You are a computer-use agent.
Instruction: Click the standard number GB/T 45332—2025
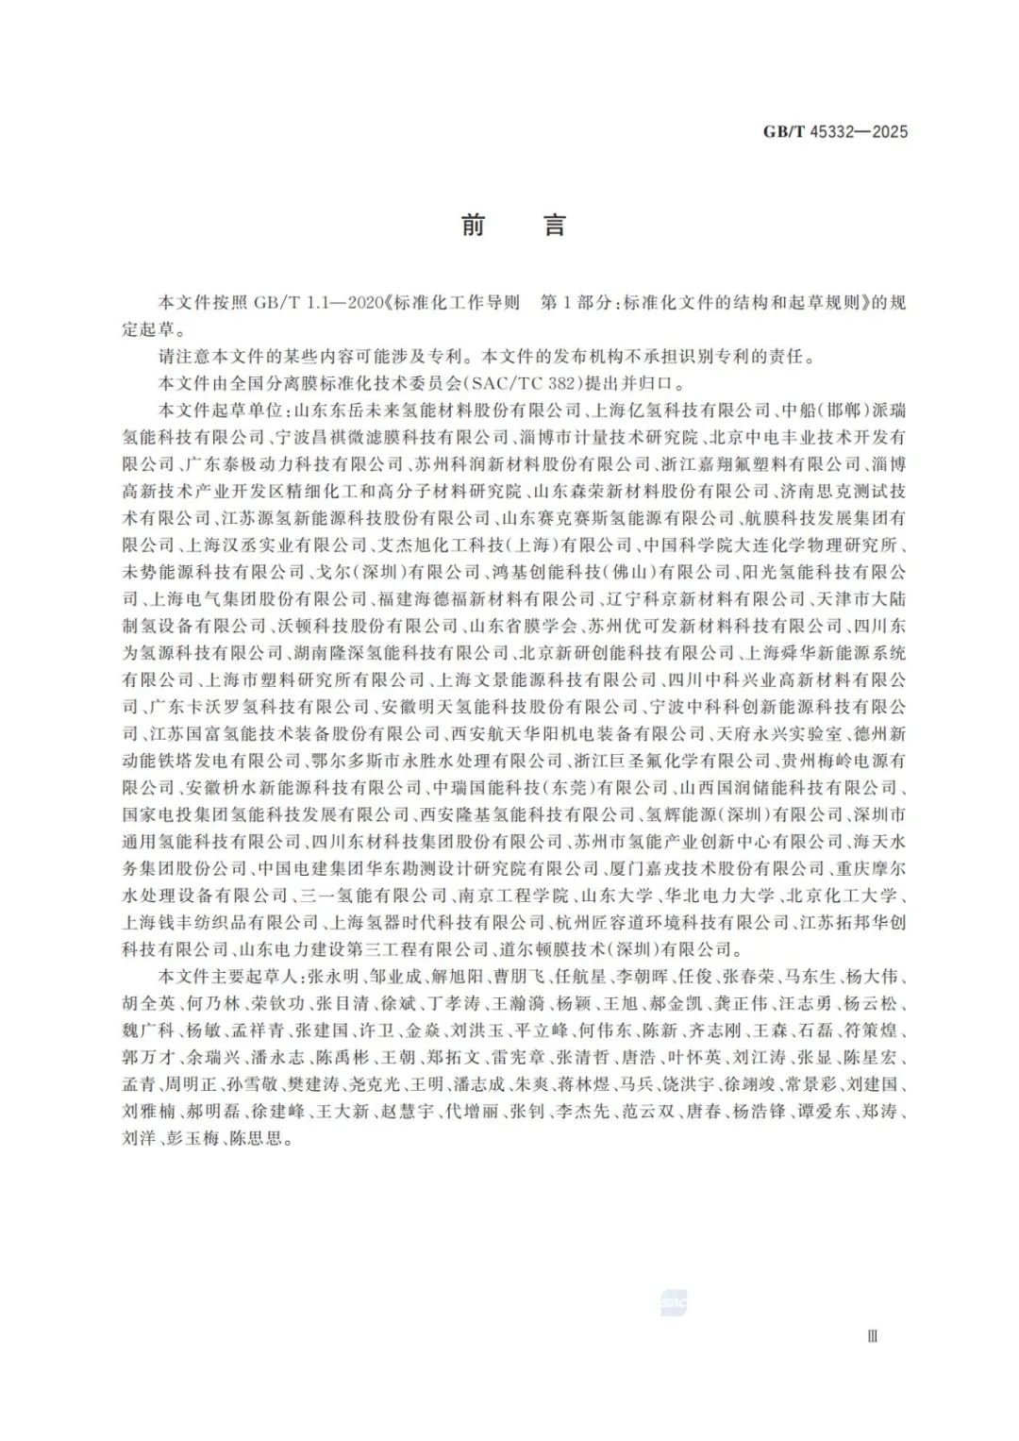coord(835,132)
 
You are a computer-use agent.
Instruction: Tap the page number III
coord(872,1336)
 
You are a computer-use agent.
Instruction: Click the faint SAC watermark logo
coord(674,1303)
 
